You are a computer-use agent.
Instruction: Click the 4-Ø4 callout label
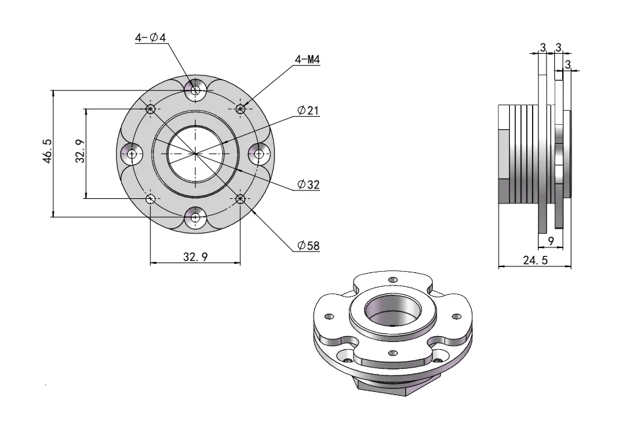[150, 38]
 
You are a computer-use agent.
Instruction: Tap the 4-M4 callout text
[307, 60]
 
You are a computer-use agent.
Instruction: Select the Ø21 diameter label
[308, 111]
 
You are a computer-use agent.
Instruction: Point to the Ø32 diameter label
[308, 185]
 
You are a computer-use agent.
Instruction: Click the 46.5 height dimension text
[48, 152]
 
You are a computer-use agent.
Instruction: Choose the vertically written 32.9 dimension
[79, 152]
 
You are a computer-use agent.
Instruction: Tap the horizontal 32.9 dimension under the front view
[195, 257]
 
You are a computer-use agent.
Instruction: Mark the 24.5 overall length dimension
[535, 260]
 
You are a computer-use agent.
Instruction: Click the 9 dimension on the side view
[551, 242]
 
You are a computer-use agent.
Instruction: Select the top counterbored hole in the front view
[195, 90]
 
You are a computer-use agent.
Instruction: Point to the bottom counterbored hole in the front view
[195, 218]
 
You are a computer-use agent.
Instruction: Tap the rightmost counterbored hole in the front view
[258, 154]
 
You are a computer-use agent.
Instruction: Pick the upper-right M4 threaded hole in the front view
[240, 108]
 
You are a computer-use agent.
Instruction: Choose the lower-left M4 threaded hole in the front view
[150, 198]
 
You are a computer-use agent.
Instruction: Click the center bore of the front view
[195, 154]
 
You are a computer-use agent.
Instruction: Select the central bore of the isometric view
[392, 310]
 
